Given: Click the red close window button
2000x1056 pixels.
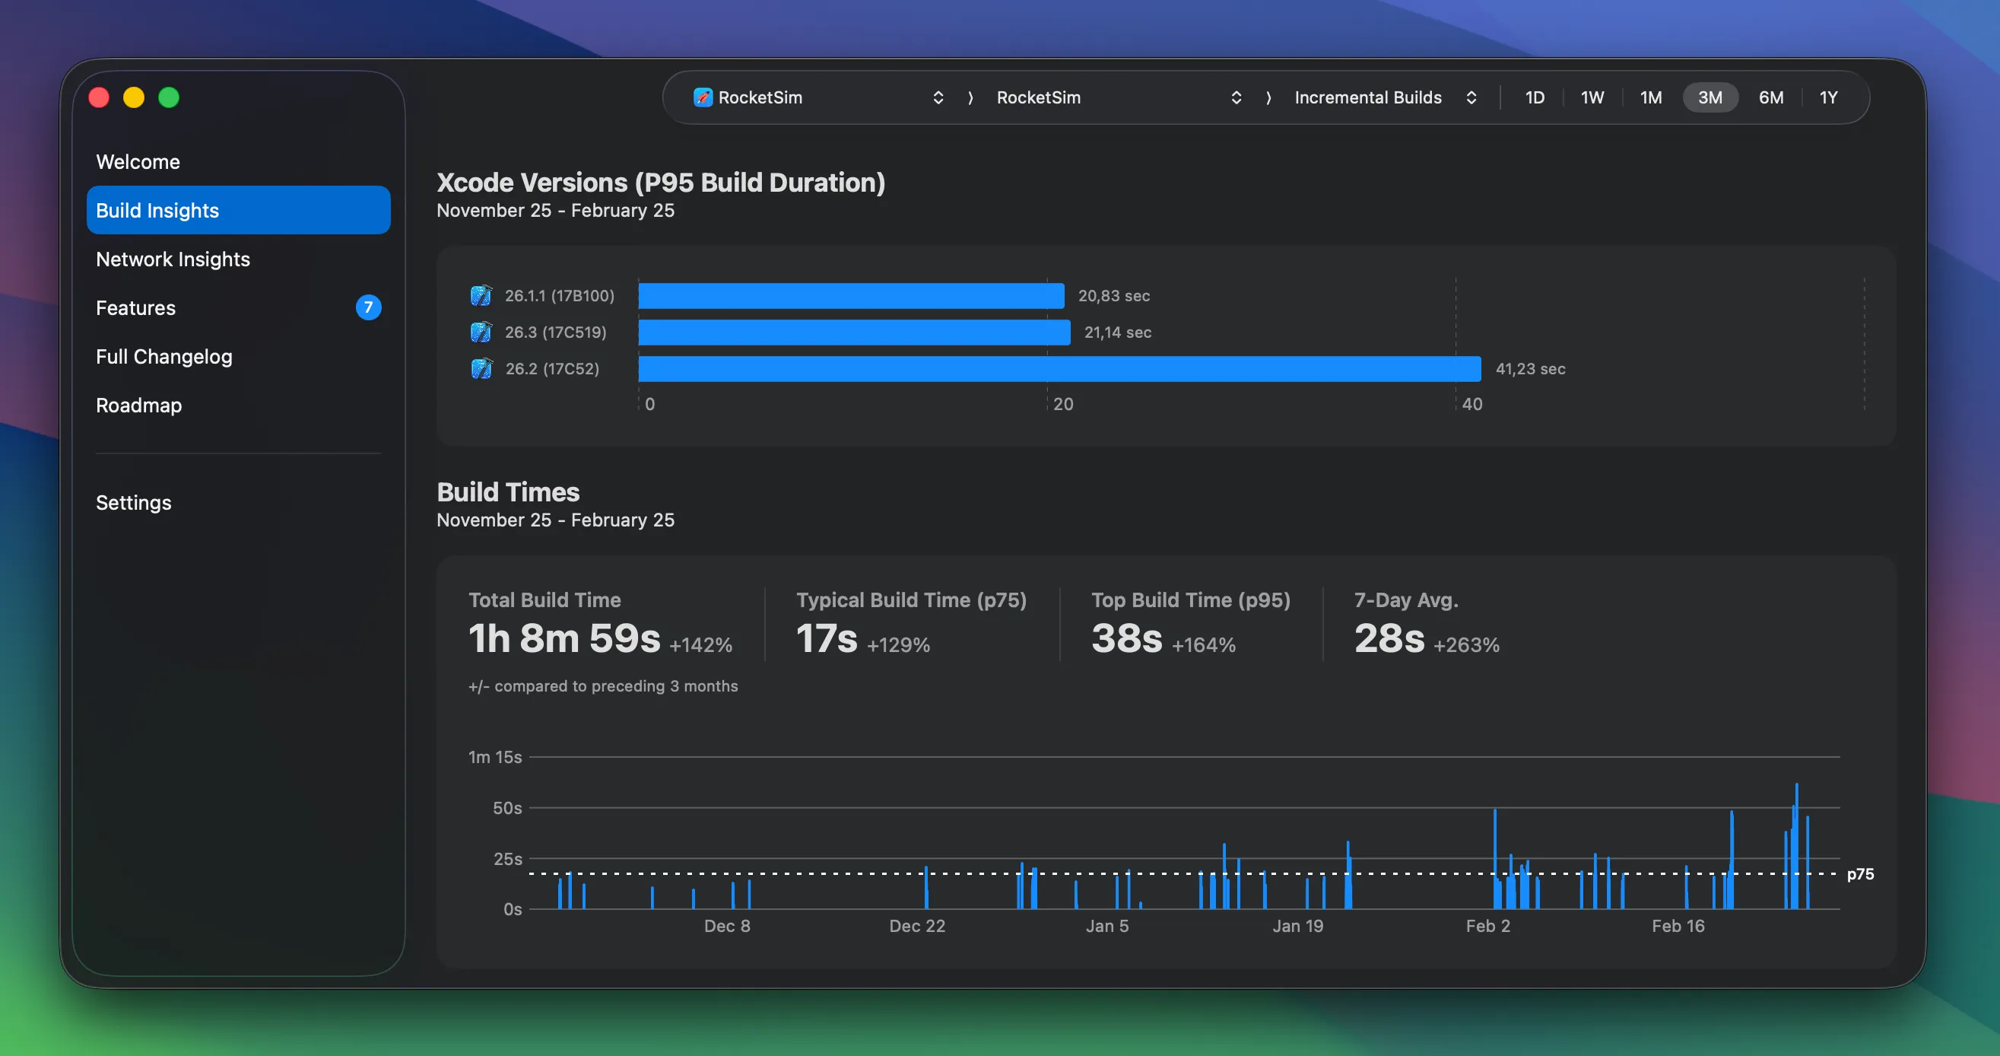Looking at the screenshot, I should click(x=99, y=98).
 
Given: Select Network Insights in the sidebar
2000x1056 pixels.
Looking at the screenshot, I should click(x=173, y=259).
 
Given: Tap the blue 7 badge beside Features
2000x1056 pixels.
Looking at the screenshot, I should click(x=368, y=307).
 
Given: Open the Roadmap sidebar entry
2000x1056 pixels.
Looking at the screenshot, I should click(x=138, y=406).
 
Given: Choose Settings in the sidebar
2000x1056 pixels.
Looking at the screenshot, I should click(x=134, y=502).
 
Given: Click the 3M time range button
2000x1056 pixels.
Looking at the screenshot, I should click(x=1709, y=98).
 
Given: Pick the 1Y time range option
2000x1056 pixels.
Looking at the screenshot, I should click(x=1827, y=98).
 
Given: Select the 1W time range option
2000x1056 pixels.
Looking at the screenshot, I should click(x=1592, y=98).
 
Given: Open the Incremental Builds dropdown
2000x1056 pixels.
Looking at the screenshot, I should click(x=1384, y=98).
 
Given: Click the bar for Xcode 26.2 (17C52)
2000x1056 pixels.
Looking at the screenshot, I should click(x=1059, y=369).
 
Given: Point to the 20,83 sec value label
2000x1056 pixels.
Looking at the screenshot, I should click(x=1113, y=296).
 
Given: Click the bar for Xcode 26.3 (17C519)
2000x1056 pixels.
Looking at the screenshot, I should click(x=853, y=332).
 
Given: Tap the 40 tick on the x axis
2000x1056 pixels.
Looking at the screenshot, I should click(x=1471, y=404).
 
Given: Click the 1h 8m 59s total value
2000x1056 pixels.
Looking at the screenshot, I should click(x=563, y=638).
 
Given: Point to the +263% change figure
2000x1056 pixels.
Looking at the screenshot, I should click(x=1466, y=644).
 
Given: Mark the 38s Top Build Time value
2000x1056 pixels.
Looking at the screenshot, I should click(x=1126, y=638).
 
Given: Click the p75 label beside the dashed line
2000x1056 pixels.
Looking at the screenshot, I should click(x=1859, y=873).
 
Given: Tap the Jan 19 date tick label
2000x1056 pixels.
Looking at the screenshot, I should click(x=1297, y=926).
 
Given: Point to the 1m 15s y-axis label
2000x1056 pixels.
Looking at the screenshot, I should click(x=494, y=757).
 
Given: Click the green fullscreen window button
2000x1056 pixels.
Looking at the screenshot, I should click(x=169, y=98).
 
